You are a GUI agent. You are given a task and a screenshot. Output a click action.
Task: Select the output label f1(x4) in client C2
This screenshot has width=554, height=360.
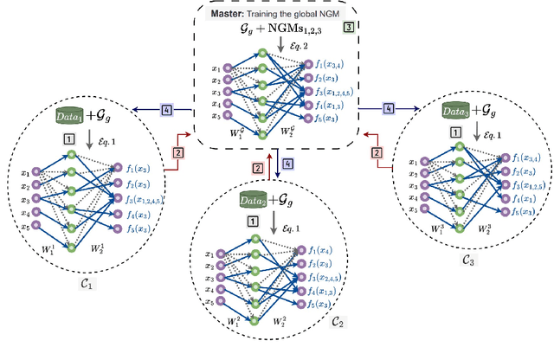click(x=313, y=248)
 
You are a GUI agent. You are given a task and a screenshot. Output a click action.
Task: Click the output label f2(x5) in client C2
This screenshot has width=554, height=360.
click(x=313, y=262)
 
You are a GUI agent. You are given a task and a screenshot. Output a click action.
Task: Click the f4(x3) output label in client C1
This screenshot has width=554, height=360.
click(x=141, y=212)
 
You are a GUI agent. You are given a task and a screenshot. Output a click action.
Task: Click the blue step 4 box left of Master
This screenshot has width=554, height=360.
click(x=166, y=110)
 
